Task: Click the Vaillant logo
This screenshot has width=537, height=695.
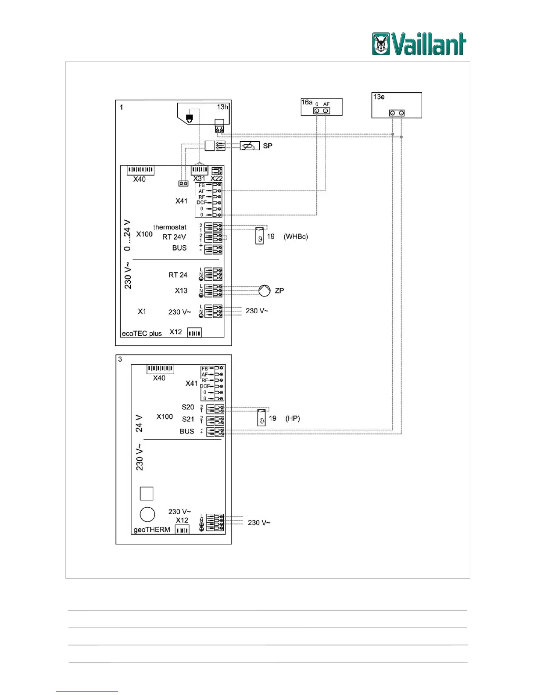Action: click(x=419, y=44)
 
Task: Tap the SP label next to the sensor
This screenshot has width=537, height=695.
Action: click(x=267, y=146)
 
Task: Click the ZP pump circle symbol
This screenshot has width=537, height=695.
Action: click(x=264, y=290)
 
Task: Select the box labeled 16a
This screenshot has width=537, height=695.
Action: click(x=321, y=107)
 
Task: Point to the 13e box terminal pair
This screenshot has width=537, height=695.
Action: click(x=397, y=113)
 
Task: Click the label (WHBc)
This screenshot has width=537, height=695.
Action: click(x=296, y=236)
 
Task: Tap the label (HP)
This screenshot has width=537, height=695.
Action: click(x=293, y=419)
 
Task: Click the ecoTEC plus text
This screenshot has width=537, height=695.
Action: click(x=142, y=333)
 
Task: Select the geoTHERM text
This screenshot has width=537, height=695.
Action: click(x=152, y=530)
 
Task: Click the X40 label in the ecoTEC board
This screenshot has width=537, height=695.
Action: click(x=140, y=179)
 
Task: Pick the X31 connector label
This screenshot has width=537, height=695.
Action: click(x=199, y=178)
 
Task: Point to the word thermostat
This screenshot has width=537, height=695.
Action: click(x=170, y=227)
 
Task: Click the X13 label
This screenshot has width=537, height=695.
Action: click(x=181, y=290)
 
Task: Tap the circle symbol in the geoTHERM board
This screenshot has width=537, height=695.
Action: click(x=147, y=514)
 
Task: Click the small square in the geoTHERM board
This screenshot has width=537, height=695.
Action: click(x=147, y=494)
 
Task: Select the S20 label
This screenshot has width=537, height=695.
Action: click(x=188, y=407)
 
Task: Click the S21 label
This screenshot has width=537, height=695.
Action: click(x=188, y=419)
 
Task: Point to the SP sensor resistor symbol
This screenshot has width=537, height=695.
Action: click(x=250, y=146)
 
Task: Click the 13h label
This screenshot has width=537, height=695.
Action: click(x=222, y=107)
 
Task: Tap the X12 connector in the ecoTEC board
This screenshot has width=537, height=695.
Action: click(x=194, y=333)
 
